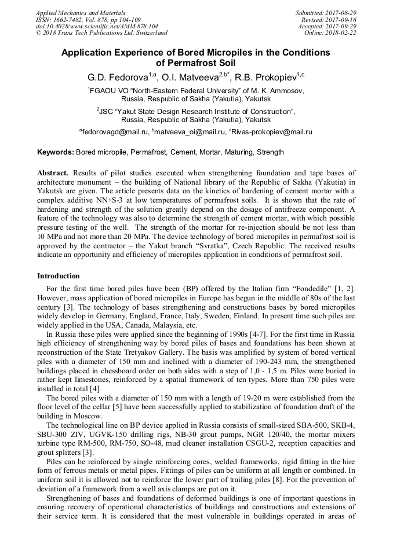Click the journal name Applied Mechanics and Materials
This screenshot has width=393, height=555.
81,13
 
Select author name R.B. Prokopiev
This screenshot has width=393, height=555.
265,77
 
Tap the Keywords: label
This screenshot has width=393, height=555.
56,153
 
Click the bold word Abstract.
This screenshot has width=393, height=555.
53,173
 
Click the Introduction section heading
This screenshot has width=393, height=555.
59,276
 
